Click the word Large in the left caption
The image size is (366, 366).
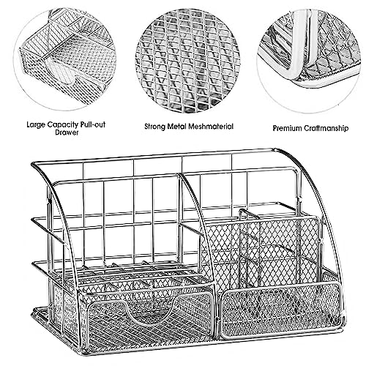[x=36, y=124]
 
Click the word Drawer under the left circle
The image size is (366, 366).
[x=67, y=132]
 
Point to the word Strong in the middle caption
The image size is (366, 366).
[x=154, y=127]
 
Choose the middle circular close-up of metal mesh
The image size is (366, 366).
[x=187, y=61]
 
